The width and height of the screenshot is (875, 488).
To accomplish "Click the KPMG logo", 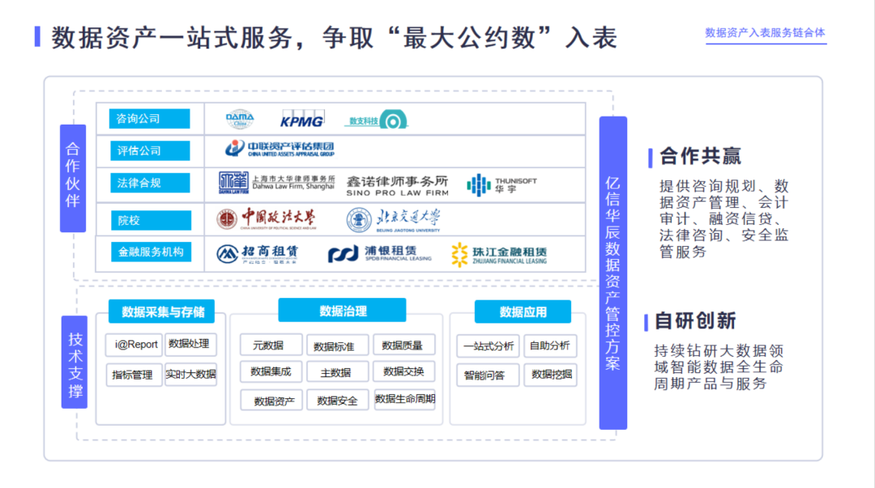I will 301,121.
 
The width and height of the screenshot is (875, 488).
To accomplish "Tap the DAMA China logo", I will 240,120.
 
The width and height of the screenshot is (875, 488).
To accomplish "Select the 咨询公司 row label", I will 150,119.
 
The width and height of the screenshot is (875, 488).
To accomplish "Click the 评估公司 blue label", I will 150,151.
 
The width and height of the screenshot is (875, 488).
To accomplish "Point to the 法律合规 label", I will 150,183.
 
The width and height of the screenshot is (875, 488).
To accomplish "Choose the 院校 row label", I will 150,220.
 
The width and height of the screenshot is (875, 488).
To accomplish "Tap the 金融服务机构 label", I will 151,252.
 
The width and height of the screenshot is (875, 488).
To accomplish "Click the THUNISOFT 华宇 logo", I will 502,185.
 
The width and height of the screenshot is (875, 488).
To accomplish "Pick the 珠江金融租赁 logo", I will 499,254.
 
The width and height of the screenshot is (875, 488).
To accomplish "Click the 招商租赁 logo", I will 258,253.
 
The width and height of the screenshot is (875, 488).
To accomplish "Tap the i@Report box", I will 134,344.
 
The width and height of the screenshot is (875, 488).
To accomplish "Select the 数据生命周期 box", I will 404,399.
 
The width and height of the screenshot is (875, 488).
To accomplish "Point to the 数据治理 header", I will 342,311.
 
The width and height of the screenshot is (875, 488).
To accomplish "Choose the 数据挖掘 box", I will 550,374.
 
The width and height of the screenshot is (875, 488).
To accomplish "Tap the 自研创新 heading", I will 695,321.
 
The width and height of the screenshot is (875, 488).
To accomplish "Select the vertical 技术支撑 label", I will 75,362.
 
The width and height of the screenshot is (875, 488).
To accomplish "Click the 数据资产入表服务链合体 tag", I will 765,33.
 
